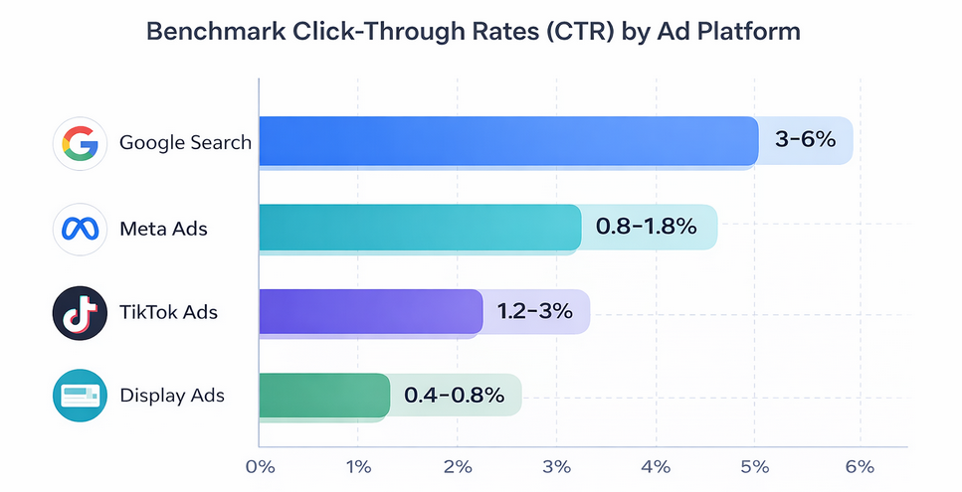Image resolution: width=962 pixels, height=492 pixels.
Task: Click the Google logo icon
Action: [79, 142]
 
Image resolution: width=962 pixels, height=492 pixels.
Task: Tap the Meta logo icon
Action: [79, 228]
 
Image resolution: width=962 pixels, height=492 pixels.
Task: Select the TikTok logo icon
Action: [79, 312]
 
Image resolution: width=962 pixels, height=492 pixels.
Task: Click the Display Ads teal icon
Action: [79, 396]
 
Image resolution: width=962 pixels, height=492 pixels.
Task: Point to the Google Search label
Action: [185, 142]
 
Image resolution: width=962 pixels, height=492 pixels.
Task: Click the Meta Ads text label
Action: [163, 228]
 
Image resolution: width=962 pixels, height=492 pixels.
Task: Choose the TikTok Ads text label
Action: [168, 312]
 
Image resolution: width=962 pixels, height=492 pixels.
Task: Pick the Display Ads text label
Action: [171, 396]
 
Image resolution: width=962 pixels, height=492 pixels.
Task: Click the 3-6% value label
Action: [804, 141]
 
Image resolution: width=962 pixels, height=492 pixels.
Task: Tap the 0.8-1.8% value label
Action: [646, 227]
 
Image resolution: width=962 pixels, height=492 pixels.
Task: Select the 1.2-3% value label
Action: [534, 311]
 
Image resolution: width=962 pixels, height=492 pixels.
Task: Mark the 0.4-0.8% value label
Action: [454, 395]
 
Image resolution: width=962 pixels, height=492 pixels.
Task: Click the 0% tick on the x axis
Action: [260, 467]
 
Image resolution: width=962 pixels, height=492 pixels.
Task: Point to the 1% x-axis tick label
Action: [359, 467]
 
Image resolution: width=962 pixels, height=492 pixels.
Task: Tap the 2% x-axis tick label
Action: [458, 467]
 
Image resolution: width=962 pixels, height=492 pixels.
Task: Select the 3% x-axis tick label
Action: [557, 467]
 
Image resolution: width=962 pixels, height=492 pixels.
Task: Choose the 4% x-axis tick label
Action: [656, 467]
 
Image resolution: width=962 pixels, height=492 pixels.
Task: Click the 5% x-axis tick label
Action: [755, 467]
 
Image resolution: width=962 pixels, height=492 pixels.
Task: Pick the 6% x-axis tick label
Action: [859, 467]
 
